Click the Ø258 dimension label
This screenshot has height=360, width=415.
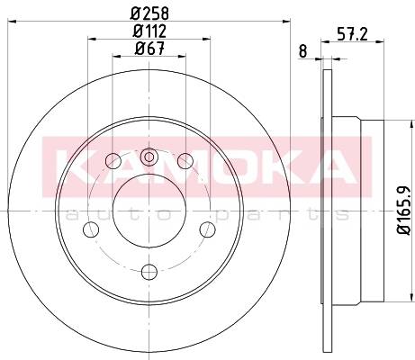pyautogui.click(x=149, y=13)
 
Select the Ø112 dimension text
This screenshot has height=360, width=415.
pyautogui.click(x=149, y=31)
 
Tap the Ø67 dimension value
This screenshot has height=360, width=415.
pyautogui.click(x=149, y=49)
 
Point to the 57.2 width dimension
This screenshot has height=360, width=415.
pyautogui.click(x=352, y=34)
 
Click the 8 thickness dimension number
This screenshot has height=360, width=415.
pyautogui.click(x=303, y=51)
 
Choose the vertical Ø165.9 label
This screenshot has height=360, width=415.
pyautogui.click(x=404, y=211)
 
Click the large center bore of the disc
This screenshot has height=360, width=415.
pyautogui.click(x=149, y=211)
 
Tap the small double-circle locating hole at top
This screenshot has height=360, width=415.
pyautogui.click(x=149, y=157)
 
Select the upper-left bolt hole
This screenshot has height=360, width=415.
pyautogui.click(x=113, y=161)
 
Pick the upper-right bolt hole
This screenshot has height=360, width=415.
pyautogui.click(x=185, y=161)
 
